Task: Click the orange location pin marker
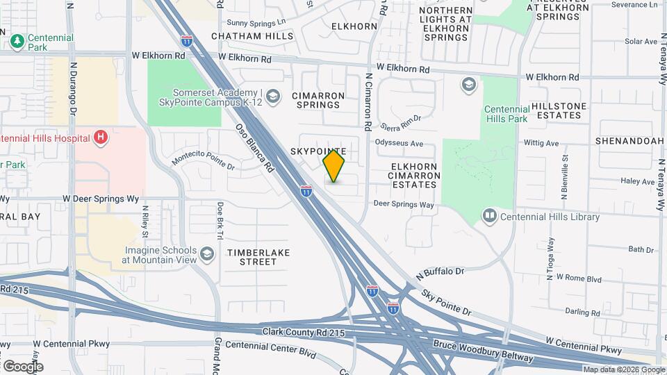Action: tap(333, 165)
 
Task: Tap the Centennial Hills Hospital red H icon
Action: tap(101, 137)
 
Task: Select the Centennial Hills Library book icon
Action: tap(490, 217)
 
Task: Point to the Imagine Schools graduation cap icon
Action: tap(206, 253)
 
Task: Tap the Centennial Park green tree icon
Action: tap(17, 42)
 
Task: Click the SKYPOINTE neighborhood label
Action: tap(318, 151)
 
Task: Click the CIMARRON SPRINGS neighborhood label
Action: tap(316, 100)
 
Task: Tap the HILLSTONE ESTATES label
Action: tap(559, 110)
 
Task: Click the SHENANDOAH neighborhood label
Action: tap(629, 141)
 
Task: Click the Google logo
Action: tap(22, 366)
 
